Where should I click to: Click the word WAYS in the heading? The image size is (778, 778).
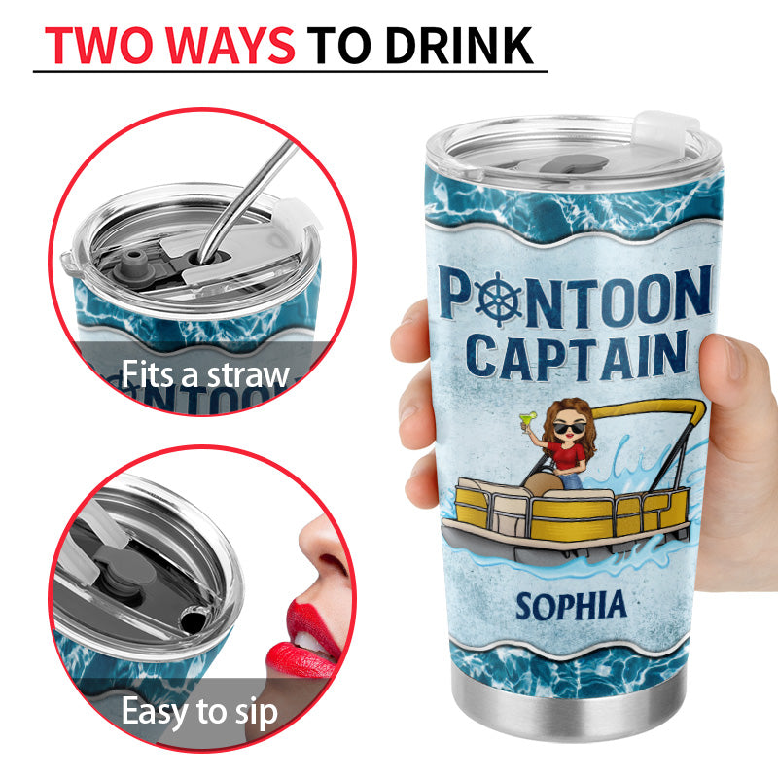(x=230, y=46)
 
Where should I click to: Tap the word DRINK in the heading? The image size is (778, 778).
(x=459, y=46)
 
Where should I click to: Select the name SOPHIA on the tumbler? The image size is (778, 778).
(x=571, y=606)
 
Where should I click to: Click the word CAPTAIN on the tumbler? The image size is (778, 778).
(x=577, y=356)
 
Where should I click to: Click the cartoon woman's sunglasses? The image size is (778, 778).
(x=569, y=428)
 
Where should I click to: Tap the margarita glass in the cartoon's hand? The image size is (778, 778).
(x=527, y=421)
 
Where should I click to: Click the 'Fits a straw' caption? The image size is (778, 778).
(x=205, y=374)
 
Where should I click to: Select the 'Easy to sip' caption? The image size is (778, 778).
(x=199, y=712)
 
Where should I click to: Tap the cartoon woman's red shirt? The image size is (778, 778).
(x=568, y=456)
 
